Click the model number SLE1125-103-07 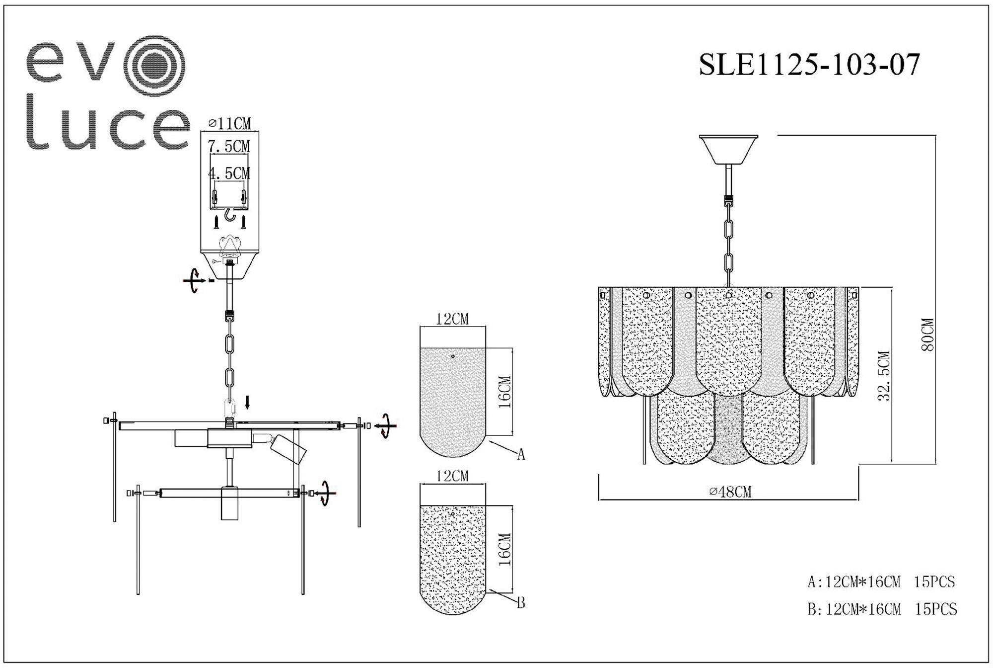(809, 65)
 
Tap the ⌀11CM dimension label (229, 123)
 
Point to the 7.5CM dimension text (229, 147)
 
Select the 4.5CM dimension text (229, 173)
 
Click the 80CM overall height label (927, 334)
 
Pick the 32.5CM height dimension (884, 376)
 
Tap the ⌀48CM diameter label (730, 492)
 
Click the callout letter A (521, 454)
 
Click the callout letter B (521, 603)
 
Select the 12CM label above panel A (452, 319)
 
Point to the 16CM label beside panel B (504, 549)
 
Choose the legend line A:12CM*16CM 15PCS (881, 582)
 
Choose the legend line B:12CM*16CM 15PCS (882, 609)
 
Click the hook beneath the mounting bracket (229, 215)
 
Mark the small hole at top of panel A (453, 356)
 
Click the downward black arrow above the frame (248, 402)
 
